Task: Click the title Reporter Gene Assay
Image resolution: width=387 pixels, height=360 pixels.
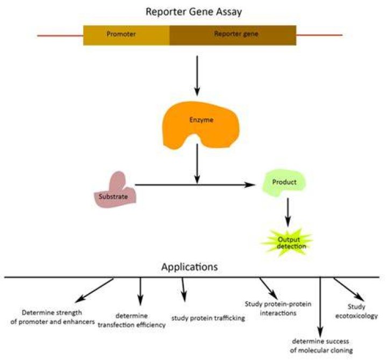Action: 193,12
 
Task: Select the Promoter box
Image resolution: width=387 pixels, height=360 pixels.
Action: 126,35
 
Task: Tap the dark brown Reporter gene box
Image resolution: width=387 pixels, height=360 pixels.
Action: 233,35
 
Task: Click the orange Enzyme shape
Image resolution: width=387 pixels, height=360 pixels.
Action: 200,125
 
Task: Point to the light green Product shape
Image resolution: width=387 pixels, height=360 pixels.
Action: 284,183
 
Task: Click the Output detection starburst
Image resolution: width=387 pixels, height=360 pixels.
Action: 288,242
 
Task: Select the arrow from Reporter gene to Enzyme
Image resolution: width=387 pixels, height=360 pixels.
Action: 197,76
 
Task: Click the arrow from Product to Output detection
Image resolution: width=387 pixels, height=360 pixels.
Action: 288,212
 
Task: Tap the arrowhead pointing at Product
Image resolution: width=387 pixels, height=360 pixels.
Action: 250,184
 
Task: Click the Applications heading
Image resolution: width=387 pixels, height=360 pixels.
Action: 190,267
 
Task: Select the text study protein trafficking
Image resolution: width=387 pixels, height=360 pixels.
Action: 209,318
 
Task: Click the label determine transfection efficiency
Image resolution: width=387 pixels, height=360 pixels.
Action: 132,320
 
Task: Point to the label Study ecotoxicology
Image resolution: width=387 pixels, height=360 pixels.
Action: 356,311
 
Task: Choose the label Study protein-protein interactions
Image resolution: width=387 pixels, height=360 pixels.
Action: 278,308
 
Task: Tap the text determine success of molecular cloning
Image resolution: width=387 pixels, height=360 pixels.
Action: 321,345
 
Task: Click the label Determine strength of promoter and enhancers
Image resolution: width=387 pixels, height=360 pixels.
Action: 53,317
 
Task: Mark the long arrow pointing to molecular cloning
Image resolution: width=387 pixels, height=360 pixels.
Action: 320,307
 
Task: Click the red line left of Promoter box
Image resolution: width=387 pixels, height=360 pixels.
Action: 60,36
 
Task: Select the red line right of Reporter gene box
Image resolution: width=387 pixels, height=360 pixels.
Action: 319,35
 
